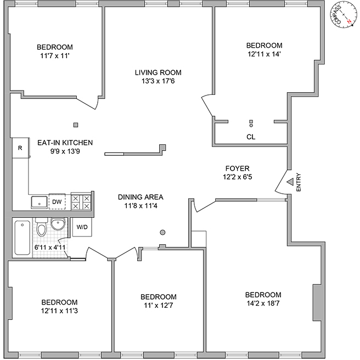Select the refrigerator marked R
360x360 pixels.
point(20,148)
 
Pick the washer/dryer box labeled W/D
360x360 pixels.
point(81,227)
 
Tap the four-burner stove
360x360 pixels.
point(81,202)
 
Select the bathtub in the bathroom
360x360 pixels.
point(22,238)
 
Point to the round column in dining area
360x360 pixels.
point(162,232)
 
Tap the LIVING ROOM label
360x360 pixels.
point(158,72)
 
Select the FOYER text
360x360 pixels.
point(237,168)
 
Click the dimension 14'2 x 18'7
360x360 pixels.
point(263,303)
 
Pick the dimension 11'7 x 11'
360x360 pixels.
point(54,56)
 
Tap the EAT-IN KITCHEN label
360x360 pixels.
point(65,143)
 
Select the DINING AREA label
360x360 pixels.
point(140,197)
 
